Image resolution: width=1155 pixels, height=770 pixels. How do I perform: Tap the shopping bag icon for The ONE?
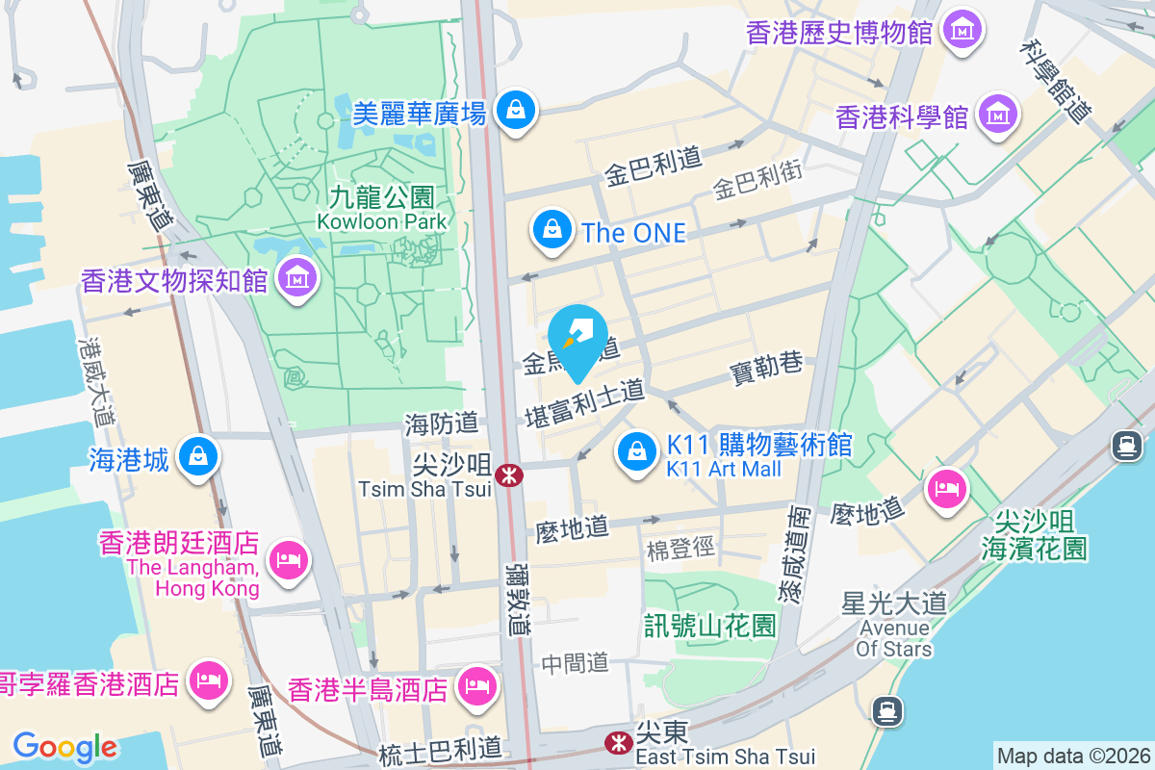[551, 231]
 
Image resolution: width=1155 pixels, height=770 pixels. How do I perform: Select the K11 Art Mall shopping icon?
[636, 450]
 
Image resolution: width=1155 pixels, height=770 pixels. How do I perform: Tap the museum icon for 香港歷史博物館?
[962, 31]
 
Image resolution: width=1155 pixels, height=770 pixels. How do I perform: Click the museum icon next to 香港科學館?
[998, 115]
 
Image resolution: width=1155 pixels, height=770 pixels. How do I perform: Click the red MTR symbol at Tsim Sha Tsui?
[509, 475]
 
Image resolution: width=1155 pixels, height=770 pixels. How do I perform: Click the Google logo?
[64, 746]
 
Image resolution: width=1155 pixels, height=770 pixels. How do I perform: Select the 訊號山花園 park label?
[710, 627]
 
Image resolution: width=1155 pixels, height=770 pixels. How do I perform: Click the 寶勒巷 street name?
[766, 368]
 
